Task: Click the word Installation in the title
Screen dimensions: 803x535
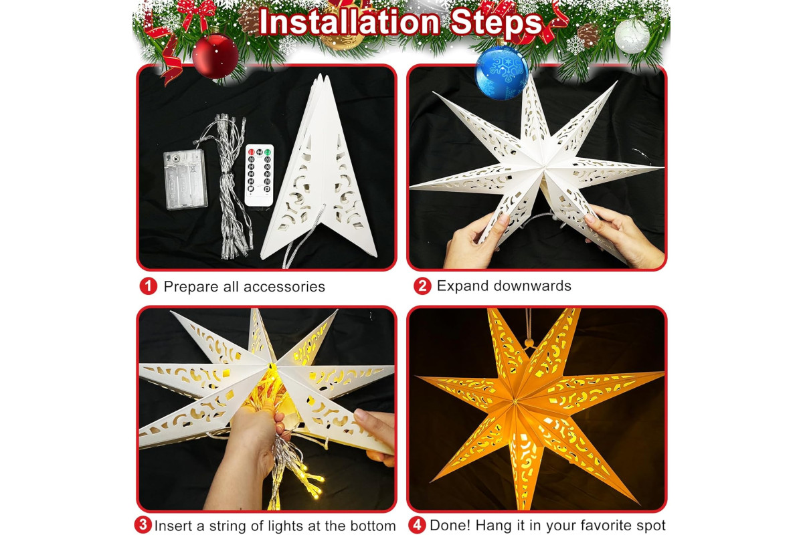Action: (349, 22)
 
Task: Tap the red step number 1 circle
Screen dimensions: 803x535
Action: (149, 286)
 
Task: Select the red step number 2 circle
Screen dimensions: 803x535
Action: (422, 286)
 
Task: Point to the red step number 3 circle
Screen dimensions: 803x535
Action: (143, 525)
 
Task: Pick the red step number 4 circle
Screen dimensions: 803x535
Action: (417, 525)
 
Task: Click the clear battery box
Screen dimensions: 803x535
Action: (185, 179)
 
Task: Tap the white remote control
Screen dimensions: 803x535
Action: (259, 175)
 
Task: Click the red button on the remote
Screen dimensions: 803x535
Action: (252, 152)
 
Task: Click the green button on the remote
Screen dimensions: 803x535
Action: (268, 152)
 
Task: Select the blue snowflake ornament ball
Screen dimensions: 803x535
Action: (501, 73)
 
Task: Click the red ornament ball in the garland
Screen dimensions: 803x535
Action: (215, 56)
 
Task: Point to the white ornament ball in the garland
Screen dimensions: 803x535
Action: (632, 36)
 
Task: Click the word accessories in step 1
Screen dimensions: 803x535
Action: (284, 287)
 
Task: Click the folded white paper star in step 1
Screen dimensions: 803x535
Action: (319, 169)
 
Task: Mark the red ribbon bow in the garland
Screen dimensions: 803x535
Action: (197, 13)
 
